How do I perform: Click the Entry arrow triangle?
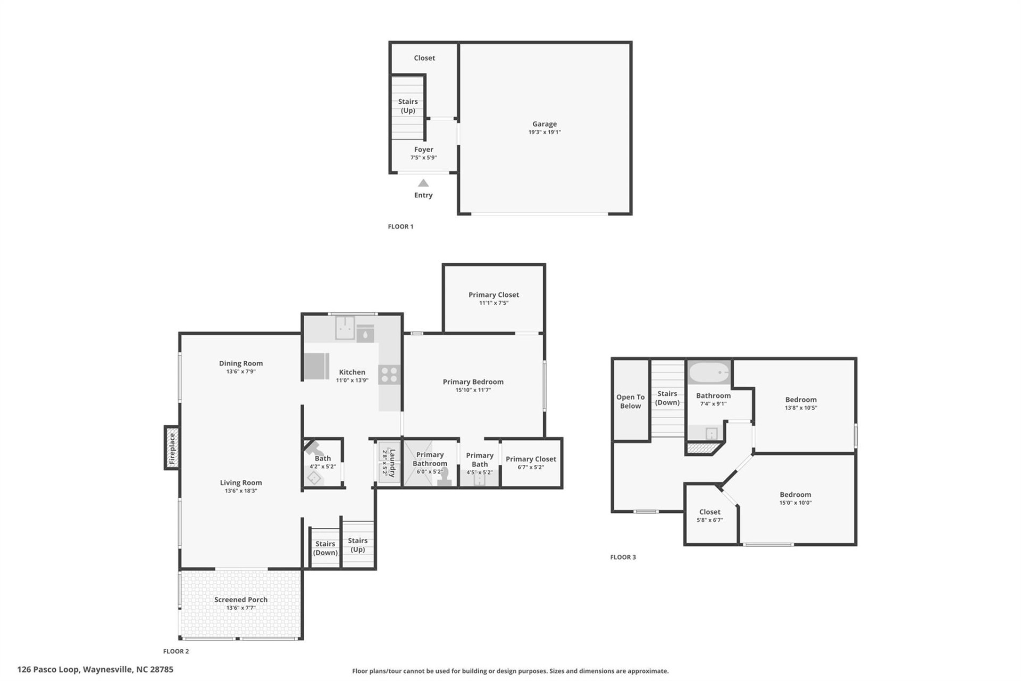tap(423, 183)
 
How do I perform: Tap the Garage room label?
tap(545, 124)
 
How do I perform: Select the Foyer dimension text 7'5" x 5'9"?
tap(423, 158)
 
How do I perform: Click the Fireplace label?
tap(172, 449)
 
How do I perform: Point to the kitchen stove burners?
tap(389, 375)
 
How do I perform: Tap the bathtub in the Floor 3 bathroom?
tap(709, 372)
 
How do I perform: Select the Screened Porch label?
tap(241, 600)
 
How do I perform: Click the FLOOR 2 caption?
tap(176, 651)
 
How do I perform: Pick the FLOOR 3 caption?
tap(623, 557)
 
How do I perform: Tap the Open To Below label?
tap(630, 401)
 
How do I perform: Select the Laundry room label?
tap(392, 463)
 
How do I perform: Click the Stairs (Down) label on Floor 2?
tap(325, 548)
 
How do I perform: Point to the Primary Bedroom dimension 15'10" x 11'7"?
tap(473, 390)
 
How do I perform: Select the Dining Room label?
tap(241, 363)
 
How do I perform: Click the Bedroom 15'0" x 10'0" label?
tap(795, 495)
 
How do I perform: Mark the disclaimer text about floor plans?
tap(510, 671)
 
